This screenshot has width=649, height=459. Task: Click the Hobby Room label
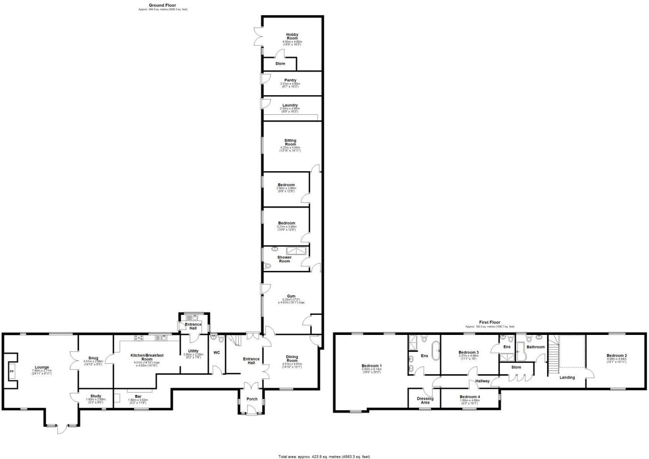pyautogui.click(x=292, y=36)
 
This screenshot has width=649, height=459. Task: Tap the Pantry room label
pyautogui.click(x=290, y=81)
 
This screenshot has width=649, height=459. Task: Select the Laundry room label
pyautogui.click(x=290, y=105)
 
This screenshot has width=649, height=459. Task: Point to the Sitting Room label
pyautogui.click(x=290, y=142)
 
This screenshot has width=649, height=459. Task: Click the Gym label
pyautogui.click(x=291, y=296)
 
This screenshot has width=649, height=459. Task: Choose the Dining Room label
pyautogui.click(x=292, y=358)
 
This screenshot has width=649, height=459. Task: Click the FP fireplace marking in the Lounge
pyautogui.click(x=12, y=371)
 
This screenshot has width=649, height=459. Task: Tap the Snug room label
pyautogui.click(x=93, y=358)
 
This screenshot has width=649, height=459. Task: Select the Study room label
pyautogui.click(x=96, y=396)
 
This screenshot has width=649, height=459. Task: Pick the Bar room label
pyautogui.click(x=132, y=396)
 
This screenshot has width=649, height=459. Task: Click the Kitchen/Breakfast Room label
pyautogui.click(x=147, y=357)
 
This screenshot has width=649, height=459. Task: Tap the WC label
pyautogui.click(x=217, y=353)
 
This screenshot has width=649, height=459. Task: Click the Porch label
pyautogui.click(x=252, y=399)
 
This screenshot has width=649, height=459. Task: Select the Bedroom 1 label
pyautogui.click(x=371, y=366)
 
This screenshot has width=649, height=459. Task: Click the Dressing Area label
pyautogui.click(x=425, y=400)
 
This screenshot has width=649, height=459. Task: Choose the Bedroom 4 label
pyautogui.click(x=470, y=397)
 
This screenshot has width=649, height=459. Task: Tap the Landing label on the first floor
pyautogui.click(x=567, y=377)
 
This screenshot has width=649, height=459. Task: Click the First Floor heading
pyautogui.click(x=489, y=322)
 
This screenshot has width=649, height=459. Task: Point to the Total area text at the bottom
pyautogui.click(x=324, y=456)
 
